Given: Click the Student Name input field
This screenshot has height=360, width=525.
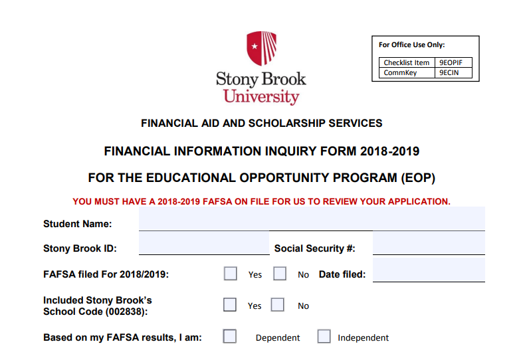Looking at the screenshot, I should [x=312, y=219].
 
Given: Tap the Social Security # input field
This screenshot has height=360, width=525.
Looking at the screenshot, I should [x=429, y=244].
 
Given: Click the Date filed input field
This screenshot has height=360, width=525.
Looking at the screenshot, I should [x=429, y=270].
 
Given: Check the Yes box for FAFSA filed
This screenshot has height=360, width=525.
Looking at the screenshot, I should [x=231, y=274].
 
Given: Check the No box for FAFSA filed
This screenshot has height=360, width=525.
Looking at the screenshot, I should [x=280, y=274].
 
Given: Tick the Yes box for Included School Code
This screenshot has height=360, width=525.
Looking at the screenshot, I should [x=230, y=305].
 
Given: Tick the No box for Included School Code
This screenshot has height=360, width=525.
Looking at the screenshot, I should [x=278, y=305].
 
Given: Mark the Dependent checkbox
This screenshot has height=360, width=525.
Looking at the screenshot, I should [x=230, y=336].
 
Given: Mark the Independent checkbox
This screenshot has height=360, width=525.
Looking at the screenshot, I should [x=324, y=336].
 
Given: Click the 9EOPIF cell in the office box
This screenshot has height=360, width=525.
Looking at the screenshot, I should [x=455, y=63].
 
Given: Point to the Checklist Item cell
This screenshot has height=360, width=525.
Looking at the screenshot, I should [x=407, y=63].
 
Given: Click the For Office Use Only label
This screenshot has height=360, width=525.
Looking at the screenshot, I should [x=411, y=45].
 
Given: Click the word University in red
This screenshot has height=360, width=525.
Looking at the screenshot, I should [x=261, y=97].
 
